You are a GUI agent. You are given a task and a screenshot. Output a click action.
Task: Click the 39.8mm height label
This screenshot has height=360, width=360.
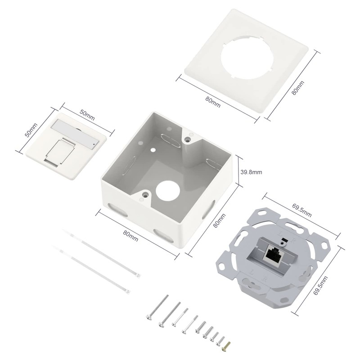click(252, 172)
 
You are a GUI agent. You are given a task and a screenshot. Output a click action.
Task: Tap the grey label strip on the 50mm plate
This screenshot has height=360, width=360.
click(75, 133)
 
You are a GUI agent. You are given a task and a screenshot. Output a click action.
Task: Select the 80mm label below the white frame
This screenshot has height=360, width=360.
click(213, 101)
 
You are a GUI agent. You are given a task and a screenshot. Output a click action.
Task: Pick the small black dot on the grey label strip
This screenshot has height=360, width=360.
click(93, 144)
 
